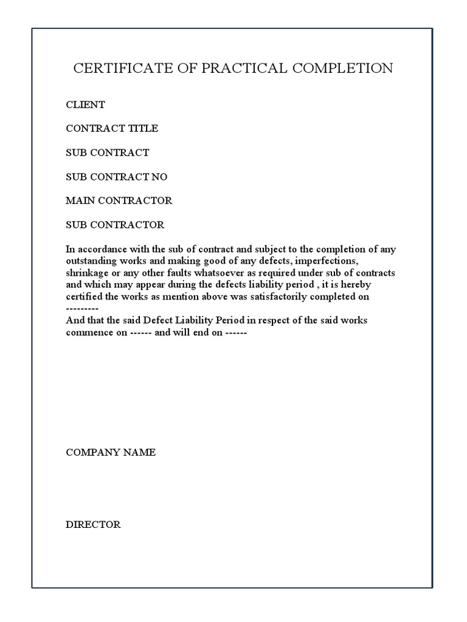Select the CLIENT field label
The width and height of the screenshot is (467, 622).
coord(85,104)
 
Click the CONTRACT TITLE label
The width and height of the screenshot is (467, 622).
coord(112,128)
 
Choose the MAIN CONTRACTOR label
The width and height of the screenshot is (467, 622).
coord(119,200)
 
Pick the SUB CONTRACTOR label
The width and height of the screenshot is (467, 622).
coord(115,225)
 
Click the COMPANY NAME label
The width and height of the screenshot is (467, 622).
coord(111,453)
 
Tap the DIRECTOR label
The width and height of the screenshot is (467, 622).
coord(93,525)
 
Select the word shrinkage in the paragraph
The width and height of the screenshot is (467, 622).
coord(87,273)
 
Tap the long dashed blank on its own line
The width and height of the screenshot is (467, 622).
coord(82,309)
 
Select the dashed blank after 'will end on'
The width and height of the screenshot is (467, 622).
coord(235,333)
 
